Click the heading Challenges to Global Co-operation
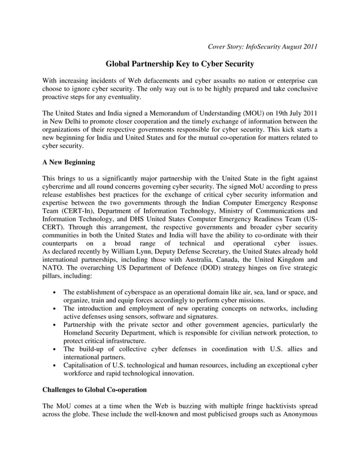[94, 390]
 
